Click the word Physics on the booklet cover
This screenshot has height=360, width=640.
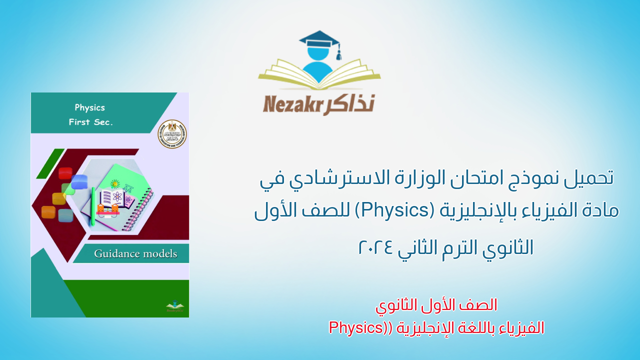click(89, 107)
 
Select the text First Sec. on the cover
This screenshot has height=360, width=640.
click(91, 122)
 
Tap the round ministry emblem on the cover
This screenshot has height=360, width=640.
click(172, 134)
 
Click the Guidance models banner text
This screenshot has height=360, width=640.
click(135, 254)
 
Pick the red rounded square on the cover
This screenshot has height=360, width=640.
click(65, 173)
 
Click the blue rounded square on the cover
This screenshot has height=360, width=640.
click(79, 181)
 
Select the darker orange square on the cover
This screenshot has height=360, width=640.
click(48, 211)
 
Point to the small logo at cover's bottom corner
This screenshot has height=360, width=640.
click(174, 306)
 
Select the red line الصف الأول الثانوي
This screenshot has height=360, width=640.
click(436, 304)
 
